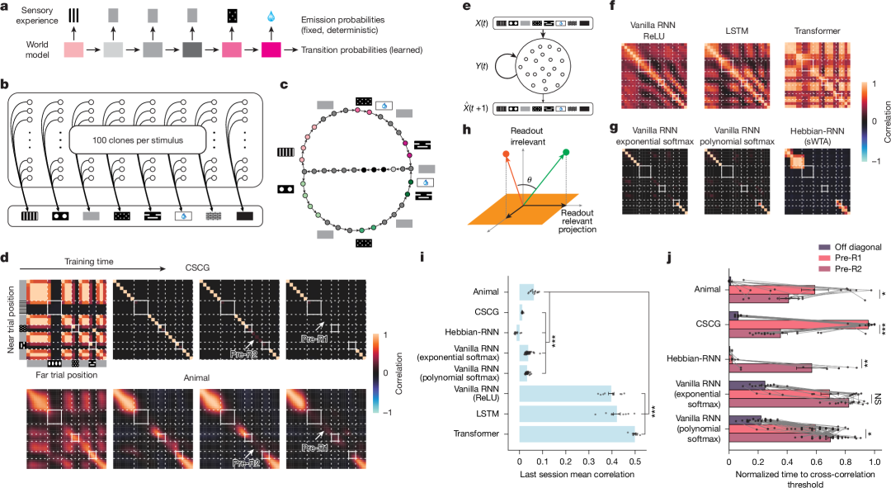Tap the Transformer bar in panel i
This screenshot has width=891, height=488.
coord(577,434)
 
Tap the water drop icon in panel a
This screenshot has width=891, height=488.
coord(271,16)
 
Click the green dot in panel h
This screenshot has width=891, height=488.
coord(566,151)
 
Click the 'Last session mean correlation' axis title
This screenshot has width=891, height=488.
coord(577,477)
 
